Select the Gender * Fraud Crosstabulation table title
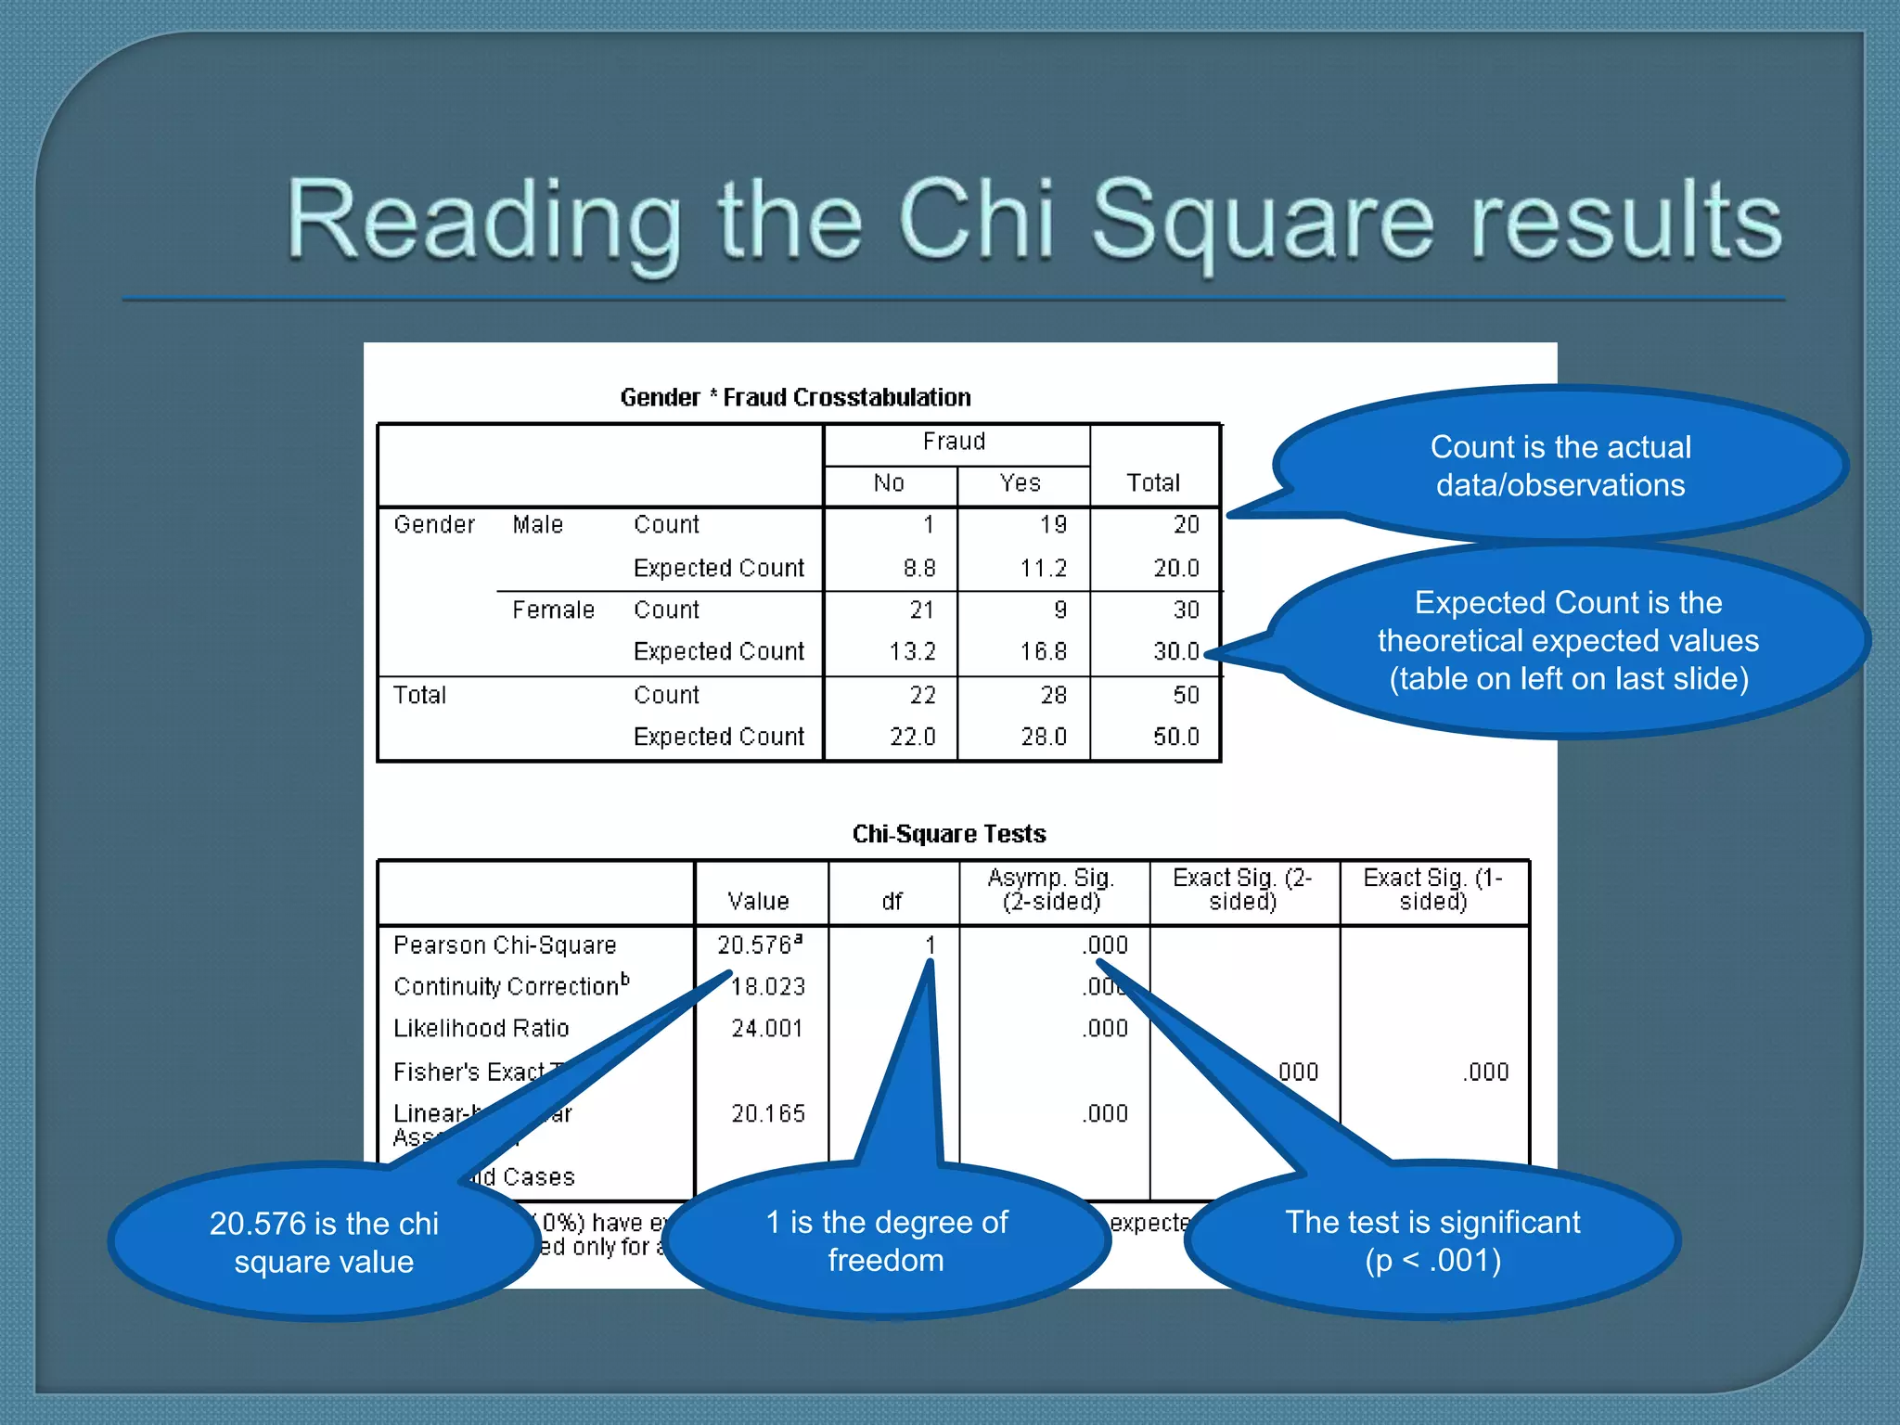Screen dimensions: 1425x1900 [x=795, y=398]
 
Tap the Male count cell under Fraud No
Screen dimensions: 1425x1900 [x=928, y=525]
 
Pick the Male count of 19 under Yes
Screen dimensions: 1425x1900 [x=1053, y=525]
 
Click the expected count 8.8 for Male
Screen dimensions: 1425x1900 [x=919, y=568]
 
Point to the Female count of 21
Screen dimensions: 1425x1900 [x=921, y=610]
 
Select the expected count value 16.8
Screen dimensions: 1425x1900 [x=1044, y=652]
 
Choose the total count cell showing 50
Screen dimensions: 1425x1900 [x=1186, y=696]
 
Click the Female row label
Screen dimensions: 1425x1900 [x=553, y=610]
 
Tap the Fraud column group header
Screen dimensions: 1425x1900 [x=954, y=442]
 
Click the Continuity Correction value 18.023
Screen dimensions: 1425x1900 [x=768, y=987]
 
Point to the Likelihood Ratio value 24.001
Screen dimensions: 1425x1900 [x=767, y=1029]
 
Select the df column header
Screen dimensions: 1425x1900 [x=892, y=902]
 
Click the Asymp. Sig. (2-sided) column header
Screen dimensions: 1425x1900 [x=1052, y=890]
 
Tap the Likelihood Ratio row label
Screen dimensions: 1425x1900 [x=481, y=1029]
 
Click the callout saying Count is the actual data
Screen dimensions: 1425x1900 [x=1560, y=466]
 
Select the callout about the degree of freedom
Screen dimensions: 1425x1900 [x=887, y=1241]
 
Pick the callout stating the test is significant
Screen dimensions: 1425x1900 [x=1432, y=1241]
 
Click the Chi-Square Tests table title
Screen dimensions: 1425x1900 [x=948, y=834]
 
